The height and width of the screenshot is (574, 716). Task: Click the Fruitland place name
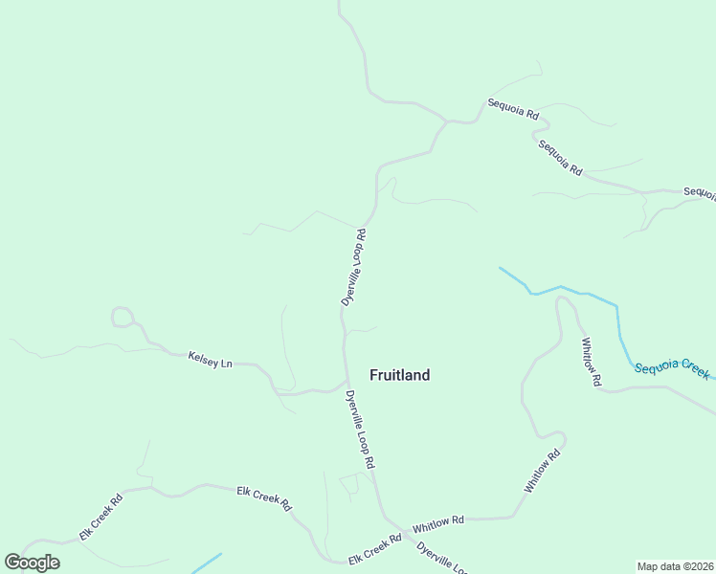(x=399, y=375)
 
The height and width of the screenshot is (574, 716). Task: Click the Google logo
(x=33, y=563)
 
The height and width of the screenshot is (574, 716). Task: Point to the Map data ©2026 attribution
(x=675, y=566)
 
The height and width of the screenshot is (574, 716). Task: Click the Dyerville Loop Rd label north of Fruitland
(x=354, y=267)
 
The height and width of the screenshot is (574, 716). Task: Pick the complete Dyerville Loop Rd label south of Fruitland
(x=359, y=429)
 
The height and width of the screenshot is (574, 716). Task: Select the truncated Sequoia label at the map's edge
(x=700, y=192)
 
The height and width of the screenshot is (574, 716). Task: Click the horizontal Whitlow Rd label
(x=437, y=525)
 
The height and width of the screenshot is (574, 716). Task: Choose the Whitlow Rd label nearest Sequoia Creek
(x=591, y=361)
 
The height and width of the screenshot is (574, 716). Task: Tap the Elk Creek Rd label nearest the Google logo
(x=101, y=517)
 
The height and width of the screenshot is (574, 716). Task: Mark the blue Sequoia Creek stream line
(x=574, y=291)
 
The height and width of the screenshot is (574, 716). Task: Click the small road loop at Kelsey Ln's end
(x=122, y=317)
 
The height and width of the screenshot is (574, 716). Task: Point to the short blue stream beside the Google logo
(x=207, y=563)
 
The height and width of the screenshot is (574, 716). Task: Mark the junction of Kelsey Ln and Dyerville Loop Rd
(x=346, y=381)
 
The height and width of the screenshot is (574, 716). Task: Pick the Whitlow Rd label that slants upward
(x=541, y=473)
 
